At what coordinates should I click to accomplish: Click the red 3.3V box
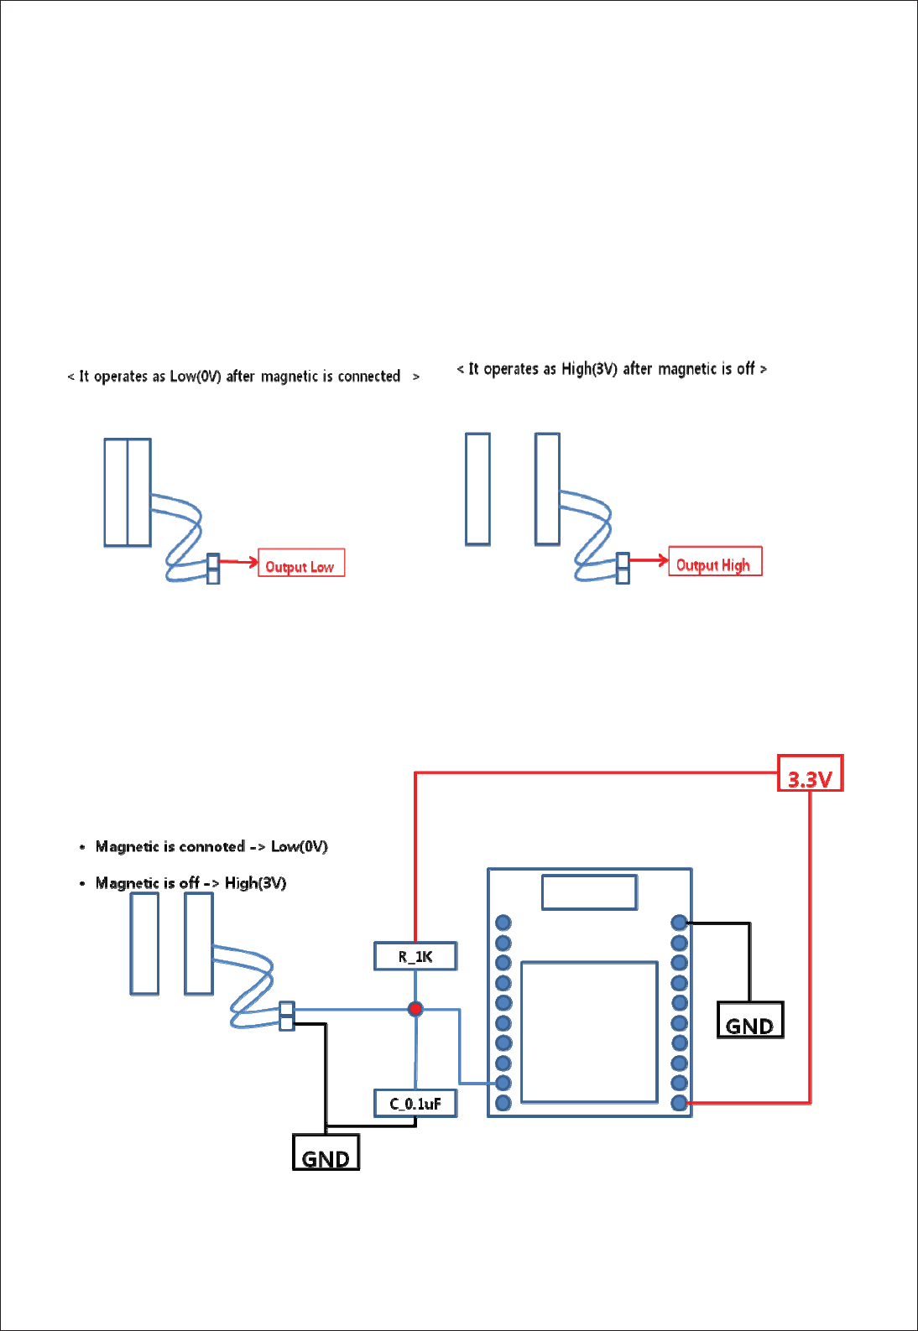[810, 773]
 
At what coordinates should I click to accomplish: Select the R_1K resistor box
[415, 956]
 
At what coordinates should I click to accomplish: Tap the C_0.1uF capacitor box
[415, 1104]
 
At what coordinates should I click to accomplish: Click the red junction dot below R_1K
[415, 1009]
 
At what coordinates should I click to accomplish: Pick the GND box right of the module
[750, 1021]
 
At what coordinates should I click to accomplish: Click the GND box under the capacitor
[326, 1152]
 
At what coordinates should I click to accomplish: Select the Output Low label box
[301, 563]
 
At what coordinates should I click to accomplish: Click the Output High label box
[715, 561]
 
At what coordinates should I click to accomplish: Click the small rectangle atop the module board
[589, 892]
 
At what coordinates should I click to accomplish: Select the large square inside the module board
[589, 1032]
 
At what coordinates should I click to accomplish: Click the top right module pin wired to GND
[680, 923]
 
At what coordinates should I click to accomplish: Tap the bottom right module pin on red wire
[680, 1103]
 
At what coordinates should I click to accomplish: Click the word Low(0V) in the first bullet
[300, 846]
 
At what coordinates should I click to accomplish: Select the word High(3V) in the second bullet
[255, 883]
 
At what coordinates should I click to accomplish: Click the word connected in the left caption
[369, 377]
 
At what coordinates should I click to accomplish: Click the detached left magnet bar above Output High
[477, 489]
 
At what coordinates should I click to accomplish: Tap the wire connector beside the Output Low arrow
[213, 568]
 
